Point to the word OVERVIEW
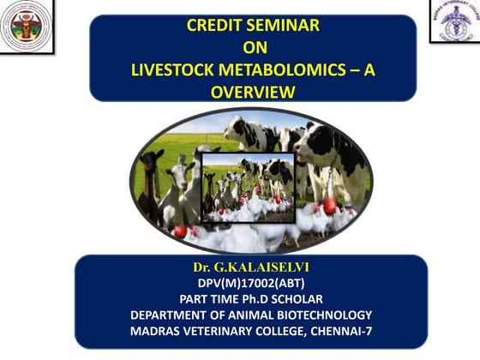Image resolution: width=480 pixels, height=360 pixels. tap(253, 92)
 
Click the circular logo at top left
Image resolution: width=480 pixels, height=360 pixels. tap(26, 27)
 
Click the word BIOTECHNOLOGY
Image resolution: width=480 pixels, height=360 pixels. tap(323, 315)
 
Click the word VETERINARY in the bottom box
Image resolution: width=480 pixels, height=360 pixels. tap(225, 331)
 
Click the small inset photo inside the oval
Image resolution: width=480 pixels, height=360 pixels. tap(248, 187)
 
